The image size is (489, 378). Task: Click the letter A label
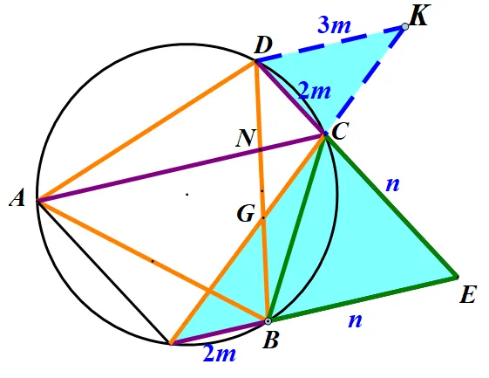17,198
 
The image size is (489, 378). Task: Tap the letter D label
263,46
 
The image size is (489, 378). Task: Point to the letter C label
340,131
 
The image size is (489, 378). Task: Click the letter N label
247,138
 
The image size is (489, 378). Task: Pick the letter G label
246,214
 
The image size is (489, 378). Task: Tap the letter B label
270,340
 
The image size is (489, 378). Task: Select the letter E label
468,294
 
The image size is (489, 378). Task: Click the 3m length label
335,24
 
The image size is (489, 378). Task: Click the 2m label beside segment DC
314,91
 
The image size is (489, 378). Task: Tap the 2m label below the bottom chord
220,354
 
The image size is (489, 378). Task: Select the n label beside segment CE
392,184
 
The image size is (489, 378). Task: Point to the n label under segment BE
356,320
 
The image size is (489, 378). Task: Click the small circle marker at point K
405,27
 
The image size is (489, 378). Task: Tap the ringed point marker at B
268,321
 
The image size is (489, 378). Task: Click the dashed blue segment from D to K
330,44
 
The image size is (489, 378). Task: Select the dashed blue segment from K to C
365,80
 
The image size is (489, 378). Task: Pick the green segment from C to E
391,205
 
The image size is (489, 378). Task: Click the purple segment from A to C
181,167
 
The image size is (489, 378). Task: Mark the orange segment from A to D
146,131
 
